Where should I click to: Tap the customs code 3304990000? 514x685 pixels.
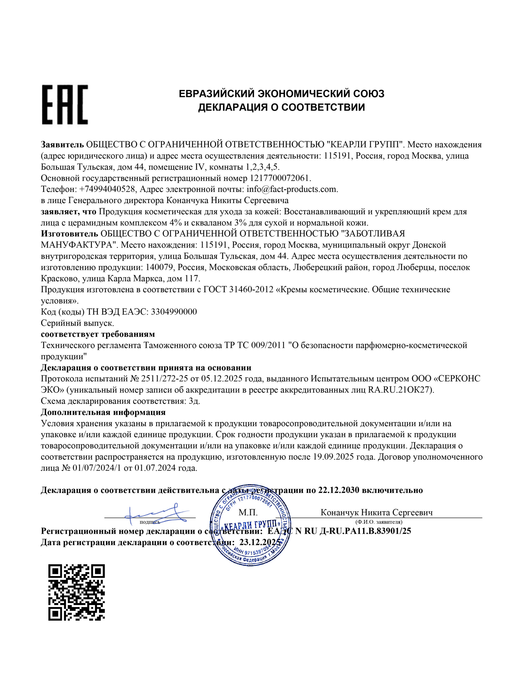point(174,311)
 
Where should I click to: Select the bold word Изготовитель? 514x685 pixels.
point(69,234)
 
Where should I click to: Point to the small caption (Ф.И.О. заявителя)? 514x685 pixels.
point(379,522)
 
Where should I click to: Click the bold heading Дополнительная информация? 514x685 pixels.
point(103,412)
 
